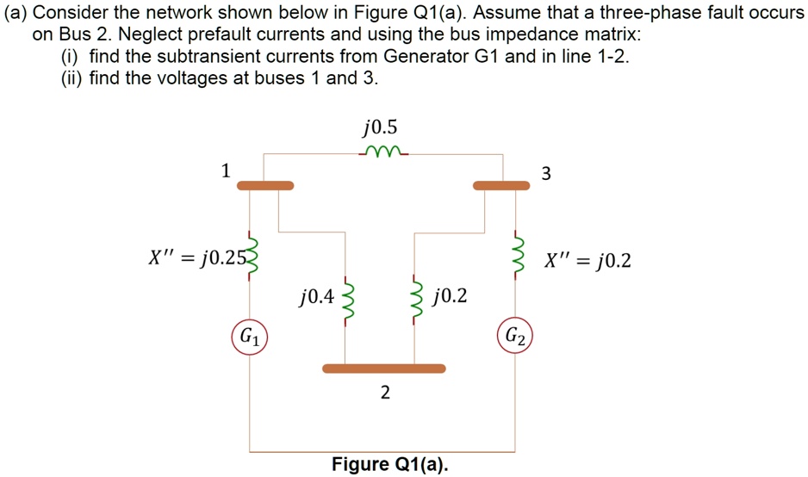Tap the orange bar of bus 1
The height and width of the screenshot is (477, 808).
point(265,185)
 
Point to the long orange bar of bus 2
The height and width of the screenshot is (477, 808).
point(384,369)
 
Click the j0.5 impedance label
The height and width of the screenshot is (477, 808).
point(381,129)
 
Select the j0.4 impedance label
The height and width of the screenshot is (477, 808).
point(316,298)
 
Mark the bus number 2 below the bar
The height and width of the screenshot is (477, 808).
point(384,393)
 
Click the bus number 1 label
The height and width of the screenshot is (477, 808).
point(226,170)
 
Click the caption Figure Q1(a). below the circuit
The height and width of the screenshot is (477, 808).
point(390,464)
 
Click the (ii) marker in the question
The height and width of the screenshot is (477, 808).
point(71,77)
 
